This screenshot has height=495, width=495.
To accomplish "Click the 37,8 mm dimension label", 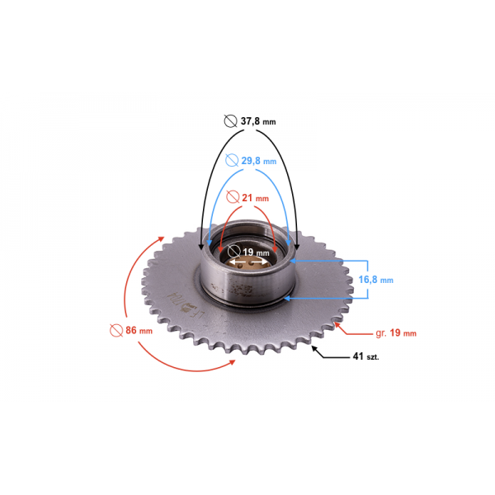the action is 258,121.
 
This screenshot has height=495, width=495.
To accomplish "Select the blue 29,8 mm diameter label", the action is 259,161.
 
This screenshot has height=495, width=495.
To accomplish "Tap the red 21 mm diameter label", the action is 256,198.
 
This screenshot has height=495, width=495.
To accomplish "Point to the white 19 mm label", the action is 256,252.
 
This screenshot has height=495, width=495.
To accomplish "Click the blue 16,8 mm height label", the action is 375,280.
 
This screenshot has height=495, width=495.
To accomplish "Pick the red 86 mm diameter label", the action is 139,330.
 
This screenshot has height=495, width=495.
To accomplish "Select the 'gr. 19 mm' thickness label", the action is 396,333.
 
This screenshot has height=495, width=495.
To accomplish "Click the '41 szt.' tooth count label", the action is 365,356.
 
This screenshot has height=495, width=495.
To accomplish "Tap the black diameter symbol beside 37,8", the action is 230,121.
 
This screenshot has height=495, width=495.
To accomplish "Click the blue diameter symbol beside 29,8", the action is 232,160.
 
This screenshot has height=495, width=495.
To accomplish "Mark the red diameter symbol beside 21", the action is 233,197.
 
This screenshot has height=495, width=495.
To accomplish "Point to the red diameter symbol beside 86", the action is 116,330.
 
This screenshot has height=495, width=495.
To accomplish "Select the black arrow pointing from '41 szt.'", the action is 331,352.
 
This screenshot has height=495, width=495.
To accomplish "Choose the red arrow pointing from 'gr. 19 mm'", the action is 353,328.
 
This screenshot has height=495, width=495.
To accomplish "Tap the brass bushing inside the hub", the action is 248,263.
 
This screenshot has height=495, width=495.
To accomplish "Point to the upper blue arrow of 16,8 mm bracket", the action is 328,261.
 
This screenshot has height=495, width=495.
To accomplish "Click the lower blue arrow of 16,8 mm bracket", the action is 326,299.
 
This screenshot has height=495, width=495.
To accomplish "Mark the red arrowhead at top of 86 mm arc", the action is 161,239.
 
